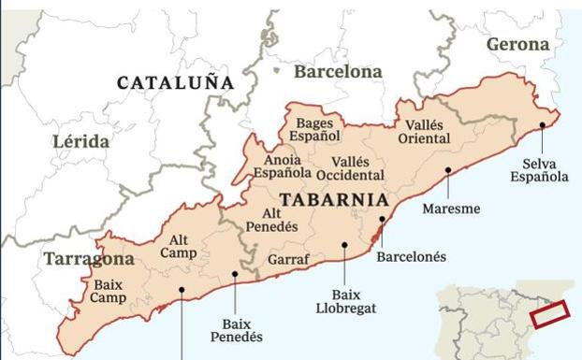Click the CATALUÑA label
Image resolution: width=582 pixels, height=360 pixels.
point(175,83)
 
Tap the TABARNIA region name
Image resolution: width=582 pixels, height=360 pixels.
point(334,200)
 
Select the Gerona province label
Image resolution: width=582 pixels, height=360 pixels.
point(517,44)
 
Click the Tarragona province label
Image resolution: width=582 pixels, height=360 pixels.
point(88,259)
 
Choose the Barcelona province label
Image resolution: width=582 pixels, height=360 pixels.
point(338,71)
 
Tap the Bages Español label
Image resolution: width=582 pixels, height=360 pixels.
point(313,130)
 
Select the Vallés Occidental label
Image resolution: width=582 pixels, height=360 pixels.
point(350,168)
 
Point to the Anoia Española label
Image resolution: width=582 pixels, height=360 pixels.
point(282,166)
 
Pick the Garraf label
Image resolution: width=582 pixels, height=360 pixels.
point(289,259)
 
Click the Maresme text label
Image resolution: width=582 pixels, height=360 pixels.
point(451,209)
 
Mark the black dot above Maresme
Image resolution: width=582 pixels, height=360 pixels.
point(449,170)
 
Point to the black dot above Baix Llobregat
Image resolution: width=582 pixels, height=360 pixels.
point(345,245)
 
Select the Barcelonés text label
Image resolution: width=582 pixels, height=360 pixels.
point(411,256)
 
